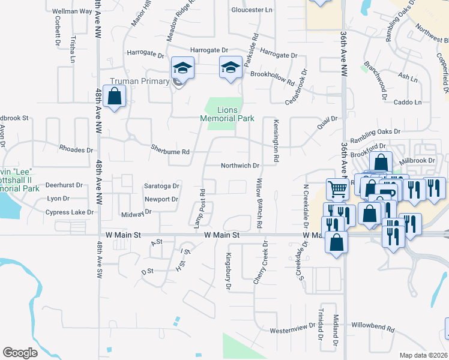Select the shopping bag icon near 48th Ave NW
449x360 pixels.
[114, 97]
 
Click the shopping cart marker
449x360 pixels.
[338, 189]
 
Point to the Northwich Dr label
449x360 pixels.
[240, 166]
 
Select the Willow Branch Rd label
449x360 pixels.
[260, 203]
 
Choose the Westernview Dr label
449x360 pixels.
[293, 328]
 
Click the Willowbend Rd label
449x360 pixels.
[373, 328]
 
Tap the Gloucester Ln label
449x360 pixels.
[252, 10]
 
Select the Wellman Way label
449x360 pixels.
[72, 11]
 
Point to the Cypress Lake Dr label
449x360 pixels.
[70, 212]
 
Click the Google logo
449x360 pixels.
[20, 353]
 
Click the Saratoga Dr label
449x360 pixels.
[161, 186]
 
